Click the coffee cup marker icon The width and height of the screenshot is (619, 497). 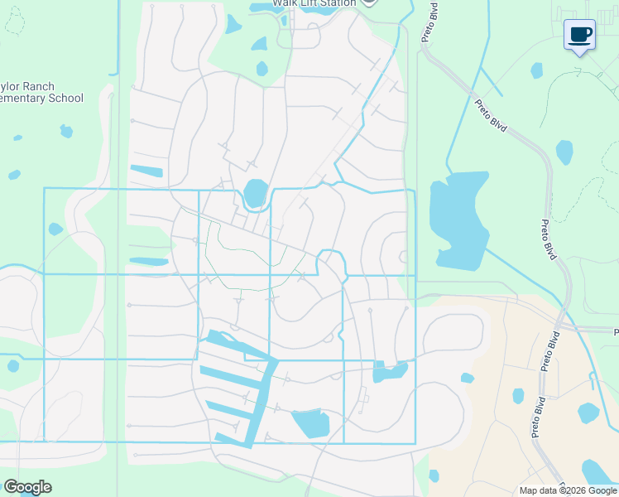579,35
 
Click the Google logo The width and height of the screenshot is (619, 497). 27,487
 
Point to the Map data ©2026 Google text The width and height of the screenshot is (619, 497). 568,490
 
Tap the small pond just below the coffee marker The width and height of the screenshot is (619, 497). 537,70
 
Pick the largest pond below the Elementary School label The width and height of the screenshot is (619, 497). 65,131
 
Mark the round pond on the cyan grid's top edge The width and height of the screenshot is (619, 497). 256,193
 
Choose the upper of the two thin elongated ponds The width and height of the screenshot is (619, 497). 147,171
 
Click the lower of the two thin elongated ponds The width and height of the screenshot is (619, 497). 149,262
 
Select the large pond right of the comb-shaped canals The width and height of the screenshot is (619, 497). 310,423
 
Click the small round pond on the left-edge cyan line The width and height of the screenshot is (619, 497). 13,365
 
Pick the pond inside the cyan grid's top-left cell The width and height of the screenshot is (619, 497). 55,229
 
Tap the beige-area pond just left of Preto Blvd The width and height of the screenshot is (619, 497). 518,396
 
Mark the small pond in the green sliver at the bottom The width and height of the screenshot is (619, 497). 434,475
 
